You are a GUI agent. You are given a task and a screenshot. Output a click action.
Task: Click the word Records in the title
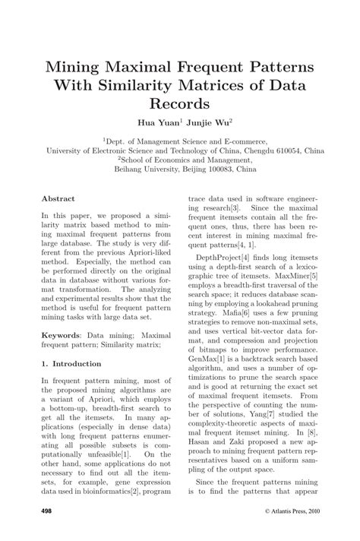pyautogui.click(x=179, y=101)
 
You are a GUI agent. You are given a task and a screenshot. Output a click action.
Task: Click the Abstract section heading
pyautogui.click(x=58, y=198)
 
